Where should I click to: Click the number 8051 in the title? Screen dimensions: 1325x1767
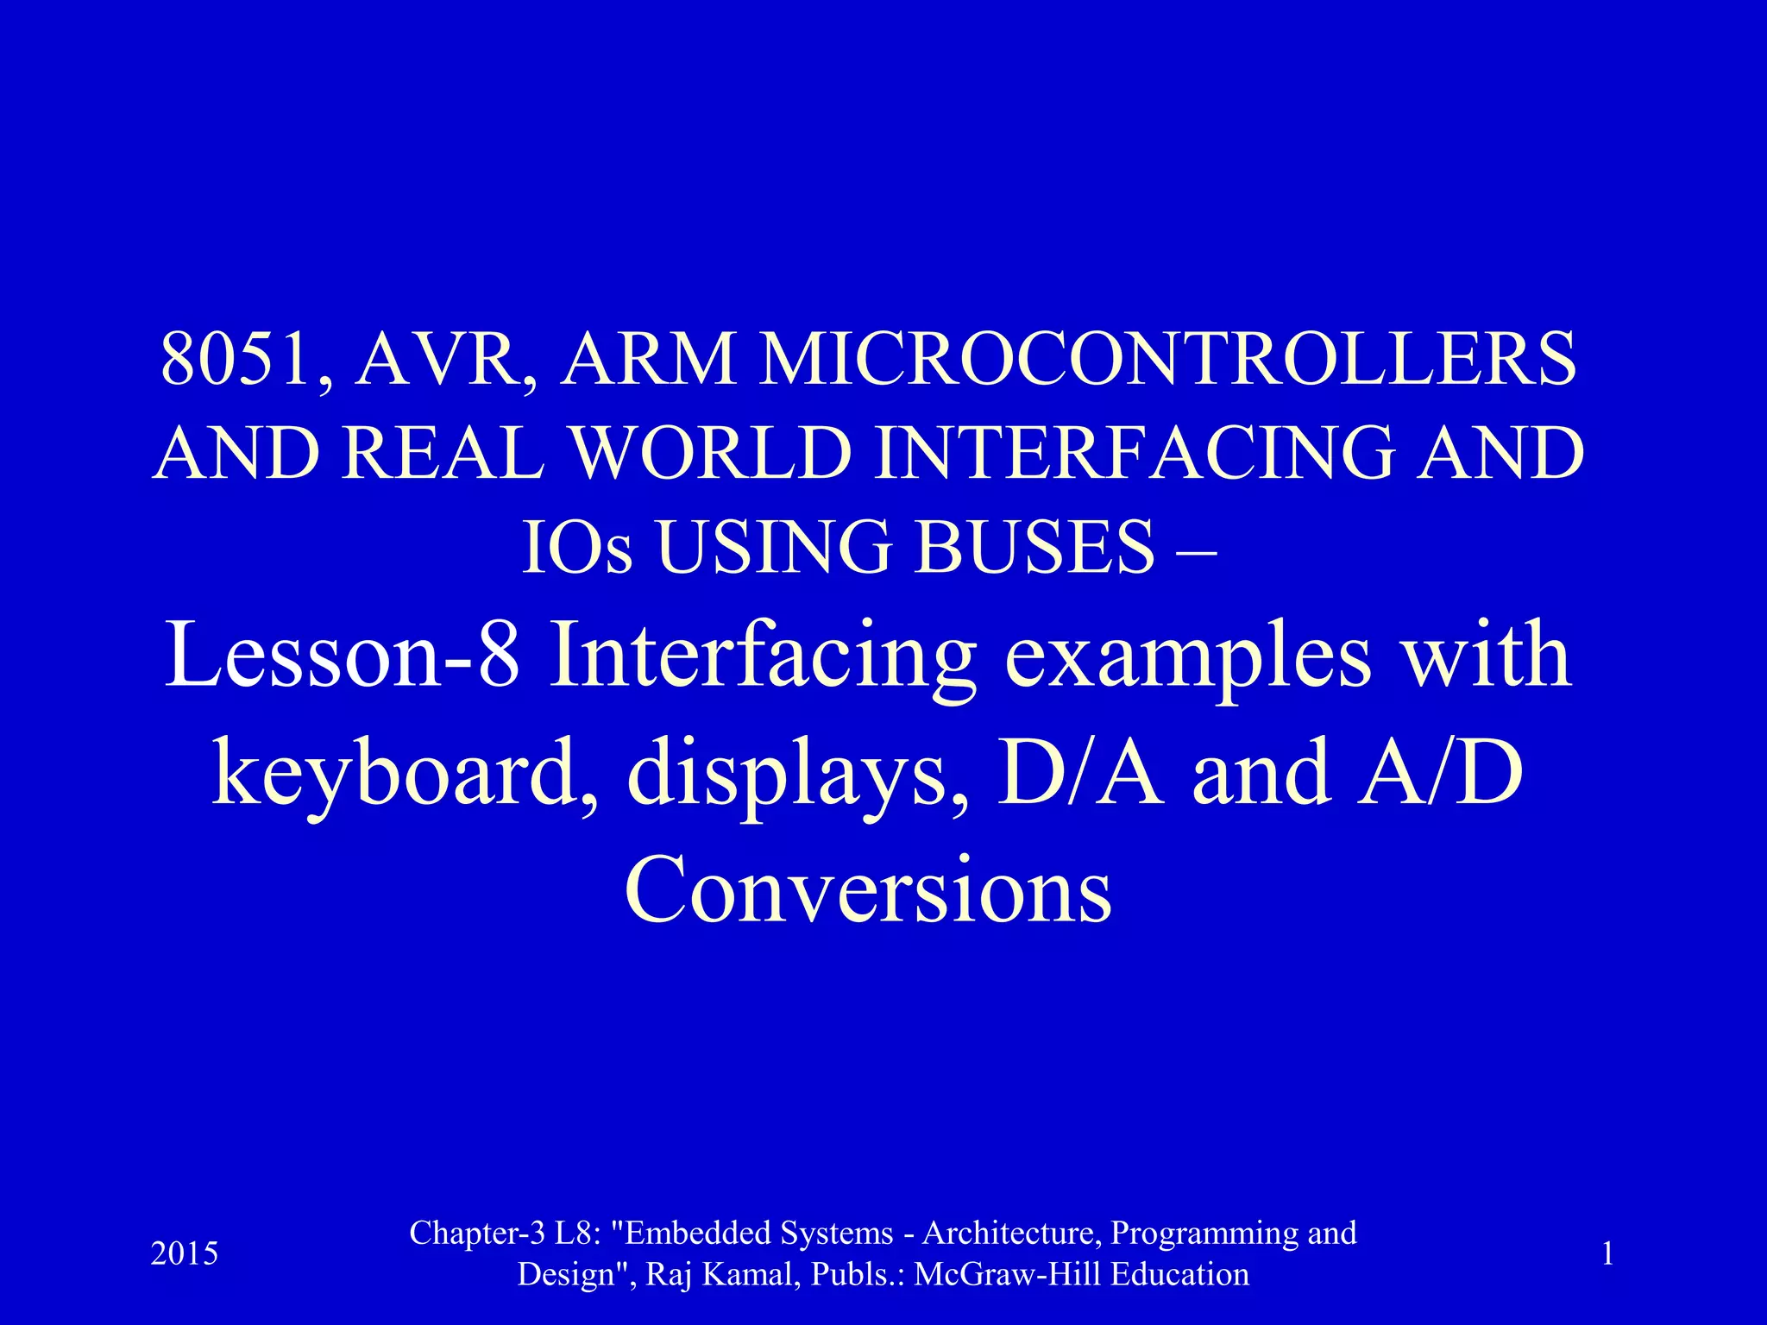(235, 359)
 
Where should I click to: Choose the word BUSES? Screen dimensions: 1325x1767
(1034, 548)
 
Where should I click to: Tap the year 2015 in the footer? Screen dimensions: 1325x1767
(185, 1253)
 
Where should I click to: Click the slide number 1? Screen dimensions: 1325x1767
(1607, 1253)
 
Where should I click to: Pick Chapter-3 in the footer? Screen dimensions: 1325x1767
(477, 1234)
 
